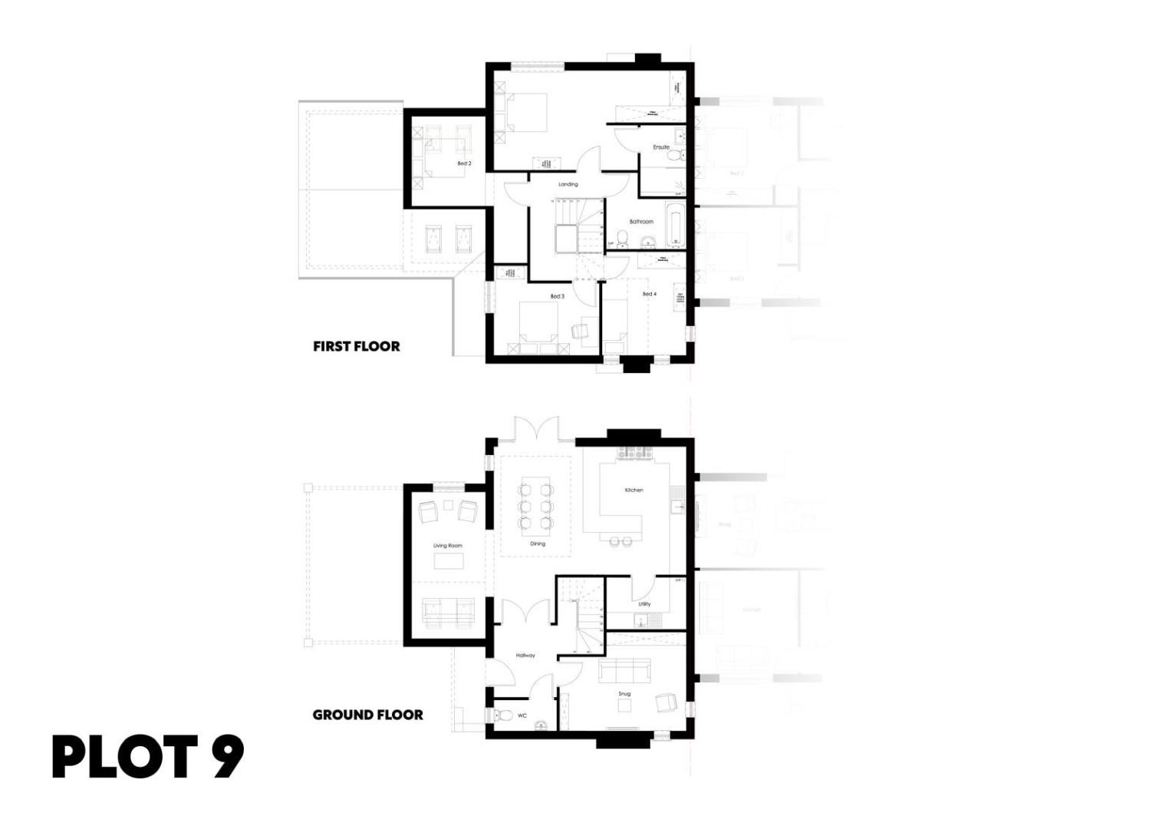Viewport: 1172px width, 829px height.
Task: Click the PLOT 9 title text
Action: [x=147, y=757]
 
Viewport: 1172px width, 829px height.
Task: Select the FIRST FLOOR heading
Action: [x=357, y=346]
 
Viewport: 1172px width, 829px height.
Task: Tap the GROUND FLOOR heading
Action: [x=367, y=715]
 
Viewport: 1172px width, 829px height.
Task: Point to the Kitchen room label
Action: [x=634, y=490]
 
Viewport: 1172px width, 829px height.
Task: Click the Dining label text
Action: [x=538, y=543]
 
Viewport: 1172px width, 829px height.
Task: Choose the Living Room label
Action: [x=448, y=546]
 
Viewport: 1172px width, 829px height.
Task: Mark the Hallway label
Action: [x=525, y=656]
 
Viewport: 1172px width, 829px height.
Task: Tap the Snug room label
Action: [x=624, y=694]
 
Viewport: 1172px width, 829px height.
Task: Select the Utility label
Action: [x=644, y=604]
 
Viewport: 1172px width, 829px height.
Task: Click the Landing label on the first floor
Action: [x=568, y=184]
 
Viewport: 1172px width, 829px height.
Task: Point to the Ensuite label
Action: [x=661, y=147]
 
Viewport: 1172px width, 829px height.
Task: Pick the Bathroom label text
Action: [x=641, y=222]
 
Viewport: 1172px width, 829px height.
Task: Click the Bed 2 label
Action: [x=464, y=163]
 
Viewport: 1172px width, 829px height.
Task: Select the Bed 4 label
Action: [x=649, y=294]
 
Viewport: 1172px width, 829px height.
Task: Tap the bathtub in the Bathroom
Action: [x=675, y=224]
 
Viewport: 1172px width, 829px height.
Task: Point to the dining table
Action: [x=535, y=506]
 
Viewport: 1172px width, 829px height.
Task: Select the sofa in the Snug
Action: [x=625, y=670]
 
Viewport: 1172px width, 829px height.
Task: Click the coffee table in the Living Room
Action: [x=449, y=561]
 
